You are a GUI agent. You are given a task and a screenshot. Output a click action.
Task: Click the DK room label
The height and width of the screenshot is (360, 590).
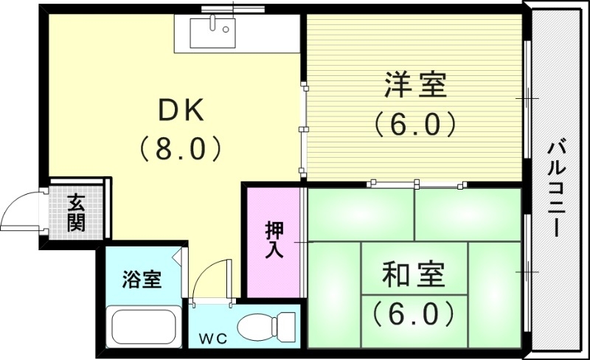pos(181,111)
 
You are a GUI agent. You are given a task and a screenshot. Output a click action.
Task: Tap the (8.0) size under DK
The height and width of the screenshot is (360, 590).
pos(181,149)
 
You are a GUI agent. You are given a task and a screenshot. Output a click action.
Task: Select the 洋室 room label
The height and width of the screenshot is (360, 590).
pos(415,86)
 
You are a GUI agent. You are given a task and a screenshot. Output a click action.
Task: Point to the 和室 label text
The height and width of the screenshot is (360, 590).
pos(414,276)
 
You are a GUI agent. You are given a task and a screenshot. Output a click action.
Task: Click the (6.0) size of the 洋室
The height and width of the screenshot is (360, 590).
pos(414,124)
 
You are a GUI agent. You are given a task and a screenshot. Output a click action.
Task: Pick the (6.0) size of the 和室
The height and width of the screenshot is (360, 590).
pos(413,314)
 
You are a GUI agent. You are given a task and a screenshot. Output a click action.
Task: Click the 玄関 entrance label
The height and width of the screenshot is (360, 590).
pos(75,212)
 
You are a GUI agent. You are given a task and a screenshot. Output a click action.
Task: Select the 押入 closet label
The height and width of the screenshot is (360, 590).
pos(274,240)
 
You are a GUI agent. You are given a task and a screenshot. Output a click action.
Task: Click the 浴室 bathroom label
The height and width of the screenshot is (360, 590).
pos(142,280)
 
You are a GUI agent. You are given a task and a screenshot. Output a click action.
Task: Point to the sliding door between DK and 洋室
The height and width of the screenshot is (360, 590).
pos(302,129)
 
